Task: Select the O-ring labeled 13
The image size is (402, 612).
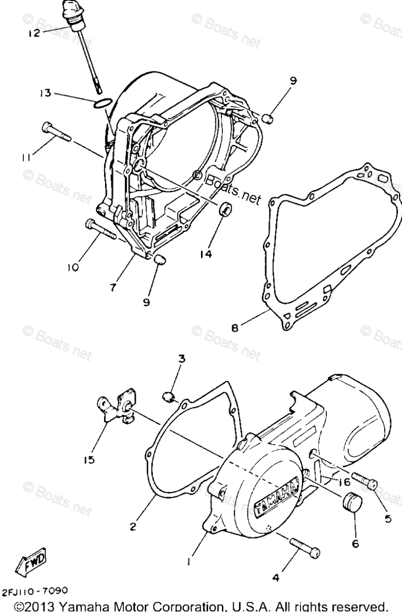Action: pos(103,104)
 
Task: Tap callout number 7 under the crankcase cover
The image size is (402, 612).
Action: pos(113,287)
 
